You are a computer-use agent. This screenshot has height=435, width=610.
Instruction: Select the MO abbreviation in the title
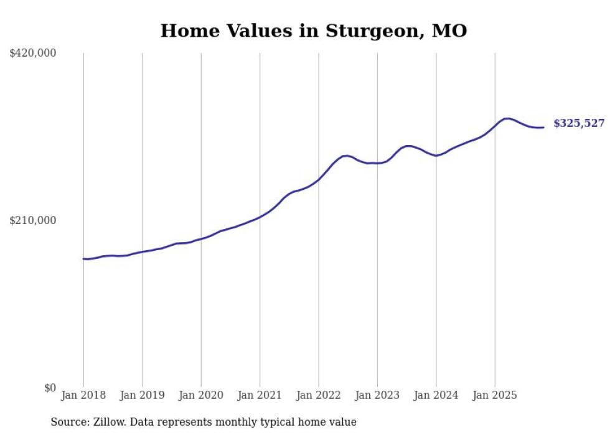click(449, 30)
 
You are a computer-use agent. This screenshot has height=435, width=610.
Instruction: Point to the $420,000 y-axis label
click(33, 54)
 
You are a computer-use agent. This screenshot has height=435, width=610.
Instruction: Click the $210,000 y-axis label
click(33, 220)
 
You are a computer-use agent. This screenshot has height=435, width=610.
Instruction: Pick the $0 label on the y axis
click(50, 388)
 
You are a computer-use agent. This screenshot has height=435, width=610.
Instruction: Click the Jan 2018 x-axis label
click(83, 395)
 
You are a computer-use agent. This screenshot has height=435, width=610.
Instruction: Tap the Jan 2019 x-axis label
click(142, 395)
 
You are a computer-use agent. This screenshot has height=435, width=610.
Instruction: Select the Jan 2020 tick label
click(201, 395)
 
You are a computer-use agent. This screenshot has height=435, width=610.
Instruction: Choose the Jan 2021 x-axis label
click(260, 395)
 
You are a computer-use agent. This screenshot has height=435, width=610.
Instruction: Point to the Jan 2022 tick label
click(318, 395)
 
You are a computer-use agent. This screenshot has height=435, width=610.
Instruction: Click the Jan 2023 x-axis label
click(377, 395)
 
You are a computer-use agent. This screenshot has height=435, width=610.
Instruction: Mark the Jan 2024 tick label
click(436, 395)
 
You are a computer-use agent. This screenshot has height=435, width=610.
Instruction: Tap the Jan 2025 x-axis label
click(494, 395)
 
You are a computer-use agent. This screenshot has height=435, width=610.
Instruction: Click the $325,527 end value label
click(579, 123)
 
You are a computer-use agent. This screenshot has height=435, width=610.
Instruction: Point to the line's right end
click(543, 128)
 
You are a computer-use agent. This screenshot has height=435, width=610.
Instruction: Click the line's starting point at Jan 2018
click(83, 259)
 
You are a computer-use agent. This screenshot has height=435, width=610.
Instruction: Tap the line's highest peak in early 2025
click(508, 118)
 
